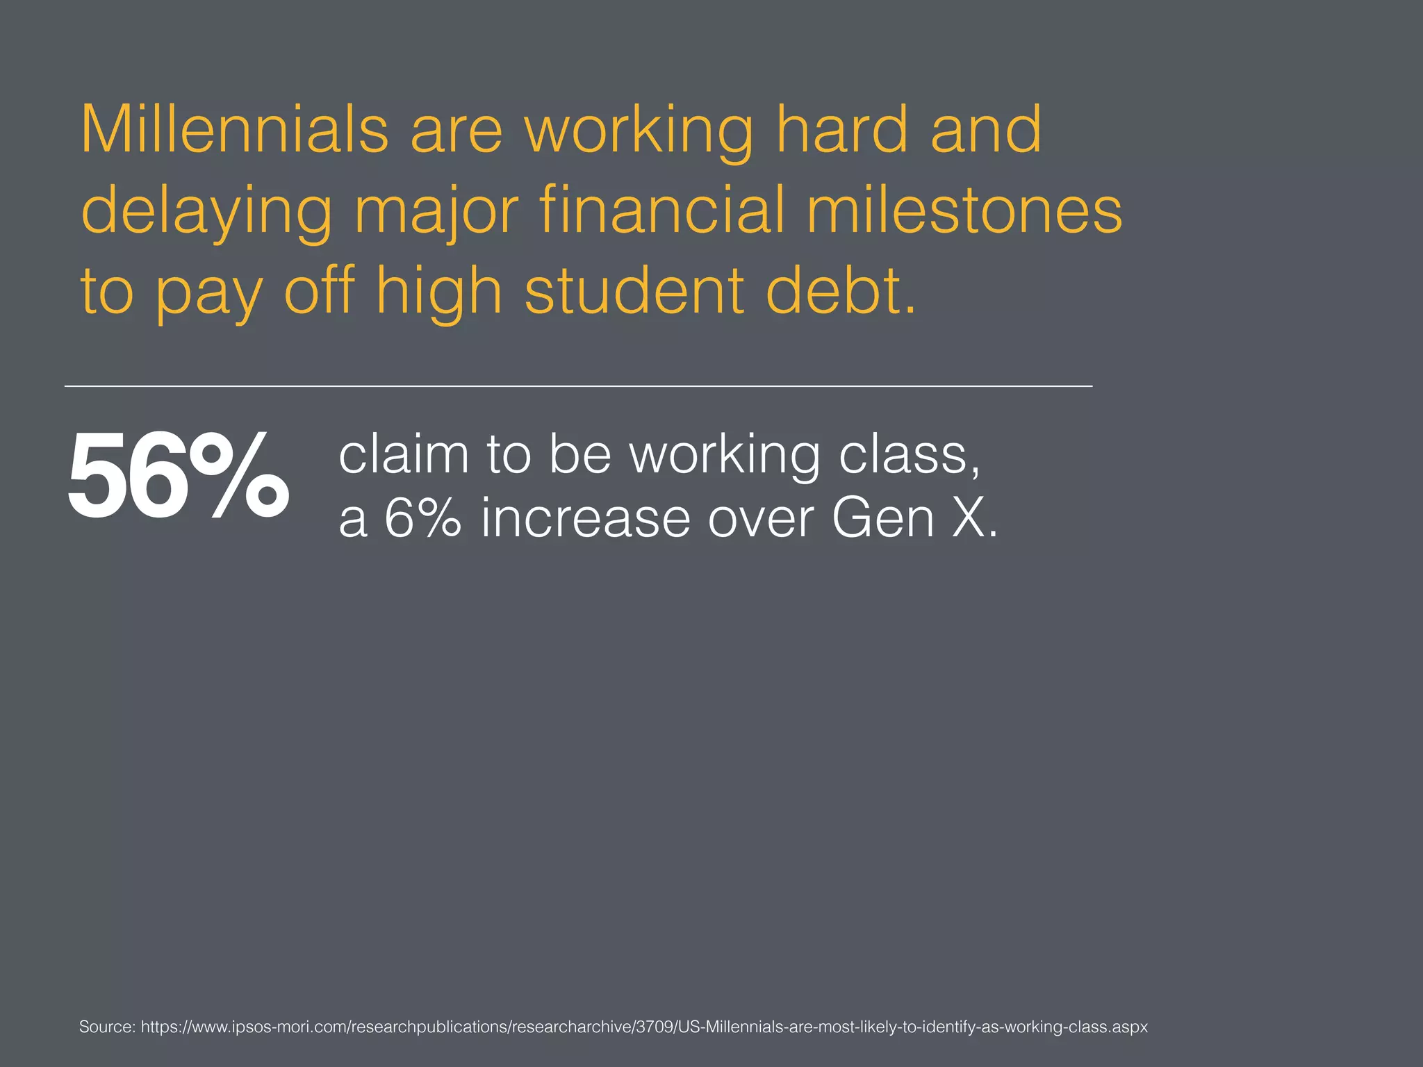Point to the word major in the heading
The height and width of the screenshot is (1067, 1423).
pos(436,211)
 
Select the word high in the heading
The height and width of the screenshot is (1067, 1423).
pos(438,292)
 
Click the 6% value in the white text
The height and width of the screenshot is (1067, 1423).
pos(422,518)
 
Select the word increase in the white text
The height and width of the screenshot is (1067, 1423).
pos(586,518)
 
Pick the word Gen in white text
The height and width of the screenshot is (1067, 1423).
pos(882,518)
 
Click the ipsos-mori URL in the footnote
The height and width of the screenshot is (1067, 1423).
pos(644,1027)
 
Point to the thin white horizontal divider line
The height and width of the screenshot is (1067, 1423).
pos(578,386)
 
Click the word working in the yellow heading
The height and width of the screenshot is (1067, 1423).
pos(639,131)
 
